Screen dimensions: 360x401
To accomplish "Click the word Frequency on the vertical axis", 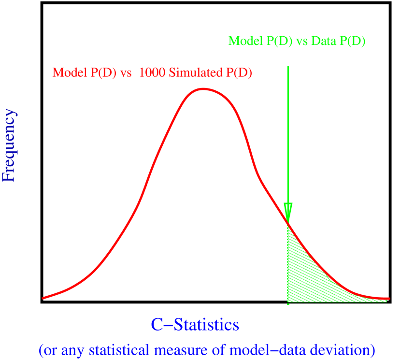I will pyautogui.click(x=10, y=145).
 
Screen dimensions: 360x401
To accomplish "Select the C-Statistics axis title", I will pyautogui.click(x=195, y=325).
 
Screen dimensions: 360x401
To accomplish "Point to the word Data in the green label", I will pyautogui.click(x=324, y=41).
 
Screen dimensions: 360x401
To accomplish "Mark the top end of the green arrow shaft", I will pyautogui.click(x=288, y=67).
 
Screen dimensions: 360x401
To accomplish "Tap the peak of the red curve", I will pyautogui.click(x=203, y=89).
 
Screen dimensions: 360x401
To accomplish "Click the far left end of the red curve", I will pyautogui.click(x=43, y=298).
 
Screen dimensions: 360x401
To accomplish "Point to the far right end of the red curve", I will pyautogui.click(x=388, y=299).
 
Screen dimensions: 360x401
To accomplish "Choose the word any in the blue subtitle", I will pyautogui.click(x=69, y=349).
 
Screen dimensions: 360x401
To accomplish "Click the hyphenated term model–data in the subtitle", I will pyautogui.click(x=272, y=349).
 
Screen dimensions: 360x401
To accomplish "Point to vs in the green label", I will pyautogui.click(x=302, y=41).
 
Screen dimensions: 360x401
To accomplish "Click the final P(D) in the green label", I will pyautogui.click(x=352, y=41).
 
